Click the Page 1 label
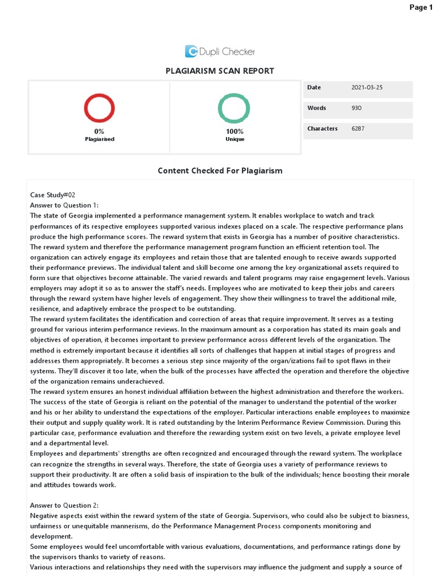point(421,7)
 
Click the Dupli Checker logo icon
point(191,52)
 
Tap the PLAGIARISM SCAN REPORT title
point(220,71)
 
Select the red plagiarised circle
point(100,109)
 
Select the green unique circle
point(234,109)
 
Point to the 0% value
point(100,132)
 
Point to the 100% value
point(234,132)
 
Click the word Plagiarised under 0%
point(100,139)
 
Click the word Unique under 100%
point(234,139)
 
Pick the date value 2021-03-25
point(368,88)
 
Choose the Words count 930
point(357,108)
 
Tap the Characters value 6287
point(358,129)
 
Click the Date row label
point(314,88)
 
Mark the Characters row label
point(323,129)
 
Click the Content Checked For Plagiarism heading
point(220,171)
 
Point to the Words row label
point(316,108)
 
